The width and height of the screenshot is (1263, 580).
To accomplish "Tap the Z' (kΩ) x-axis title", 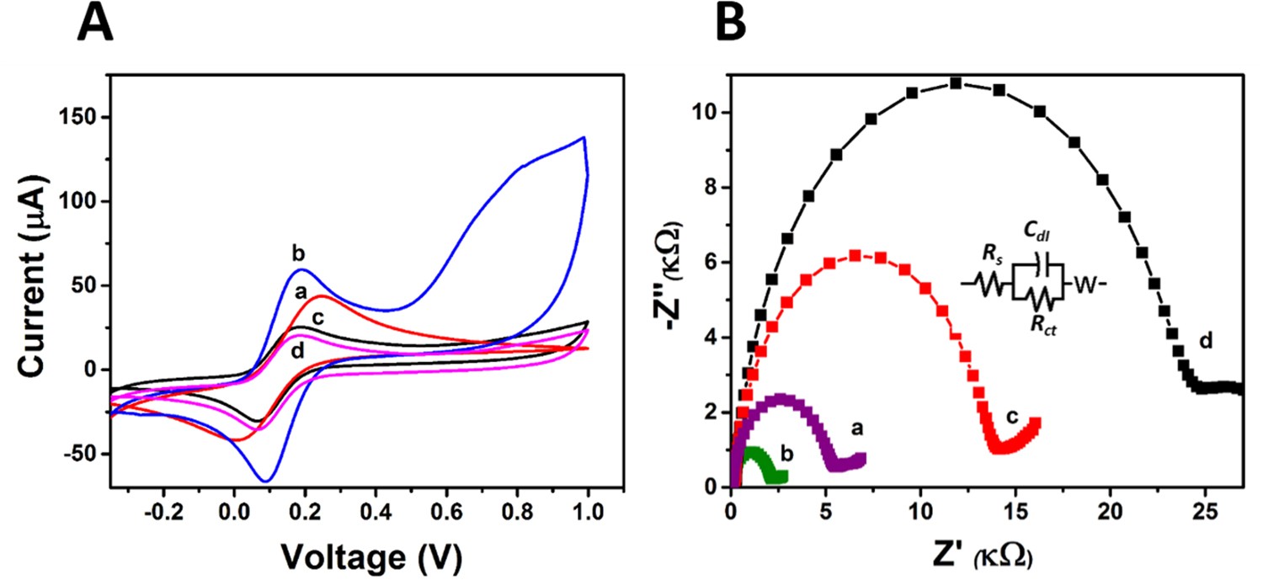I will [x=977, y=555].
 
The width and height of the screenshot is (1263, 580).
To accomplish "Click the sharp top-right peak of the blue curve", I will [x=583, y=137].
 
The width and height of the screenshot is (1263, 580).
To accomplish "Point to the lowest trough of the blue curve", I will [x=266, y=481].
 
